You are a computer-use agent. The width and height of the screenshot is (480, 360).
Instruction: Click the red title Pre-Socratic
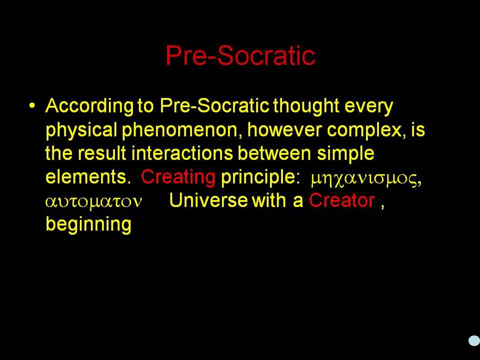tap(240, 55)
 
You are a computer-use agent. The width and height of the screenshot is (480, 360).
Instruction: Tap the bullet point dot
tap(32, 105)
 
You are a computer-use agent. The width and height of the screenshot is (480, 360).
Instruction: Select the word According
tap(89, 106)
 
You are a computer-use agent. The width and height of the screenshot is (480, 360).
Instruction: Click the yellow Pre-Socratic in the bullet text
tap(214, 105)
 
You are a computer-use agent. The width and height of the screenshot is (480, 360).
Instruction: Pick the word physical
tap(81, 130)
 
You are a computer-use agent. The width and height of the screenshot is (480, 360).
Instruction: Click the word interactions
tap(182, 153)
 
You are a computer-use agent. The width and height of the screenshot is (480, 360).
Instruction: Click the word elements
tap(88, 176)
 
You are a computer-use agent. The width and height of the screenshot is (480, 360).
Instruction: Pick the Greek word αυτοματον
tap(93, 201)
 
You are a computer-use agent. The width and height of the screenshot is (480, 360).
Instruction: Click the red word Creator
tap(342, 200)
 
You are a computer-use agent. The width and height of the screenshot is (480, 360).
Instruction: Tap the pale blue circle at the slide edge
tap(474, 340)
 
